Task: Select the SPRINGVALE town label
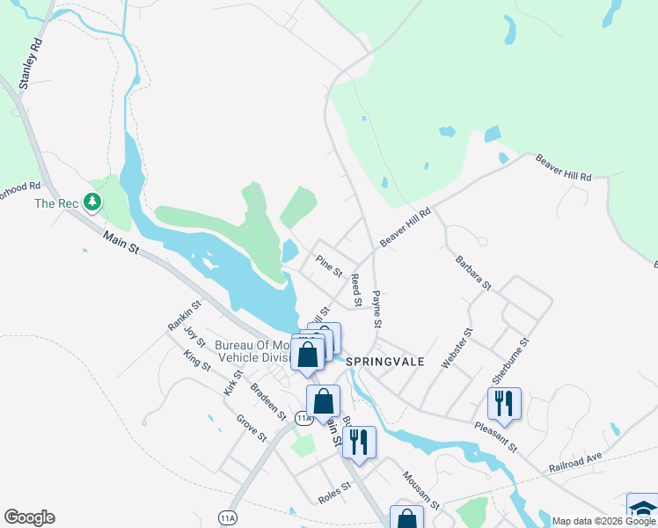tap(385, 362)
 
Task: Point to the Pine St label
tap(329, 265)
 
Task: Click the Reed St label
tap(356, 290)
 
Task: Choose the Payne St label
tap(377, 310)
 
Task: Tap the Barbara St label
tap(473, 273)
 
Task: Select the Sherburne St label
tap(512, 360)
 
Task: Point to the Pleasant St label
tap(494, 436)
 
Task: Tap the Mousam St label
tap(420, 491)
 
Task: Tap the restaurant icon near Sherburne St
tap(505, 403)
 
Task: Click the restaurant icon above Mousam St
tap(359, 441)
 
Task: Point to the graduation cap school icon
tap(643, 508)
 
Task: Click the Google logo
tap(29, 517)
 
